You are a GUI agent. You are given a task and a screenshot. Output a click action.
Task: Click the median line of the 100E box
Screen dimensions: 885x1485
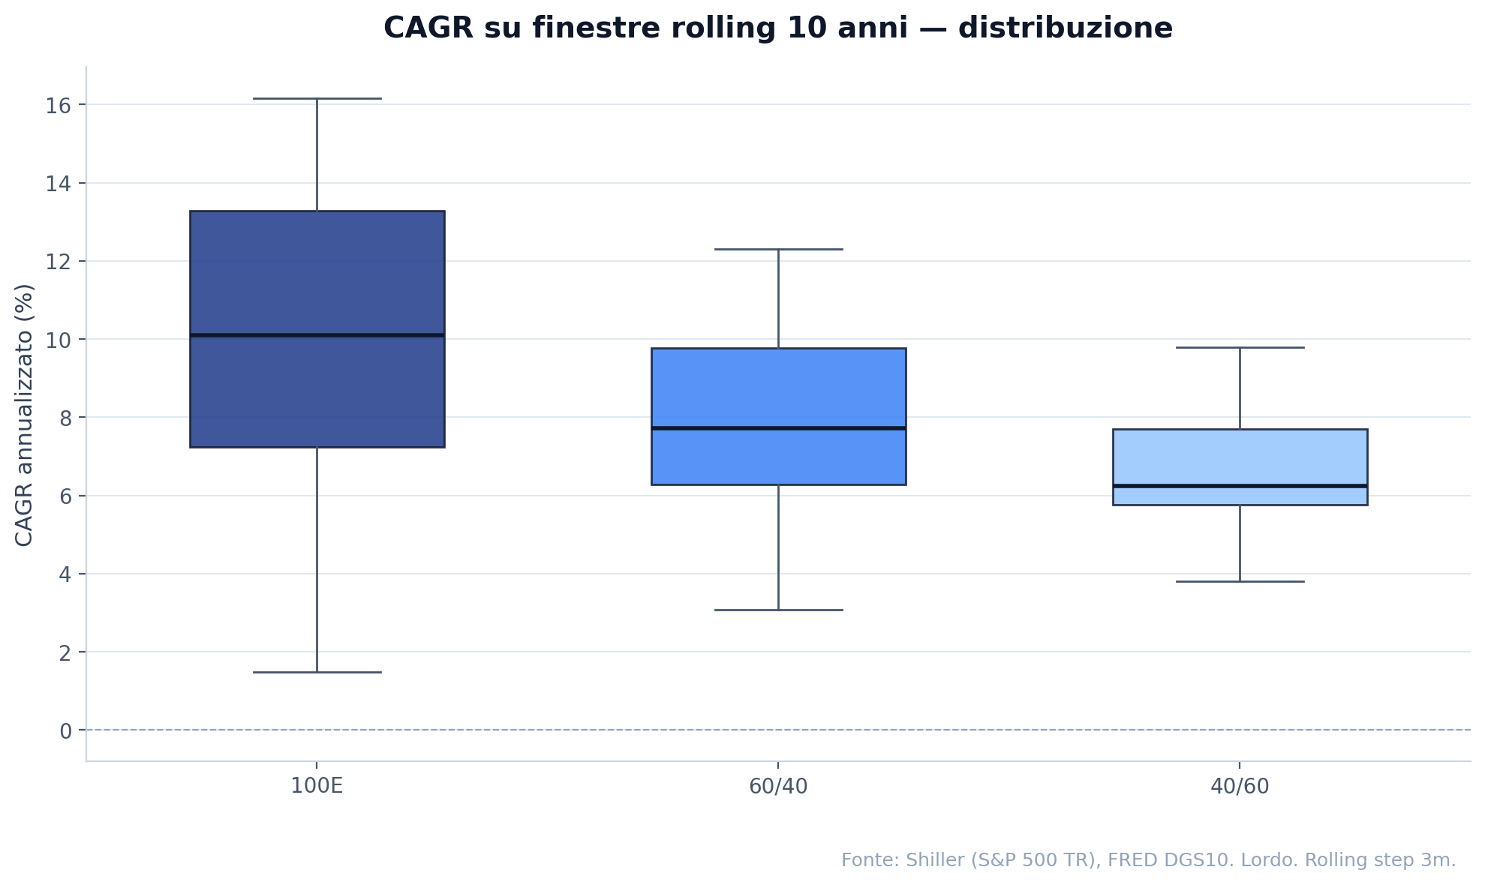click(x=317, y=335)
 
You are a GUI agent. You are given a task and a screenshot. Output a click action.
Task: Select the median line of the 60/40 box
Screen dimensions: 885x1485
click(x=778, y=428)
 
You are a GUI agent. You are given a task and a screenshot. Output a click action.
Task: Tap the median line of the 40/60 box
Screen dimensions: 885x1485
click(x=1240, y=486)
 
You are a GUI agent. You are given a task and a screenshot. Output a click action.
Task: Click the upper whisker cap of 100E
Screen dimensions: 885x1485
click(x=317, y=98)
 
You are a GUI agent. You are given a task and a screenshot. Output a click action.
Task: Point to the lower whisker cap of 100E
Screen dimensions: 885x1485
click(x=317, y=672)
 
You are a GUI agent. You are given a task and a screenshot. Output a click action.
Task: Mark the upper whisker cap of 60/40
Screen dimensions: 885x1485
click(x=778, y=249)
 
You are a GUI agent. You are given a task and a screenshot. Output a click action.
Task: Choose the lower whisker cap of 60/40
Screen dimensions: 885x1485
click(x=778, y=610)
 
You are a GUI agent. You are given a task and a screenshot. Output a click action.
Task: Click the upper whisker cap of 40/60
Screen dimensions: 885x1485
click(x=1240, y=347)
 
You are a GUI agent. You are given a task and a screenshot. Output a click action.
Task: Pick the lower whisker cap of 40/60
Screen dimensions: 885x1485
click(x=1240, y=581)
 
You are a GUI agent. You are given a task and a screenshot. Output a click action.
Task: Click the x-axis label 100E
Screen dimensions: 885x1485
click(x=317, y=787)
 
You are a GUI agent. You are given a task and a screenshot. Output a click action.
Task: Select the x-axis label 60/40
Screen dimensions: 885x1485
click(x=778, y=787)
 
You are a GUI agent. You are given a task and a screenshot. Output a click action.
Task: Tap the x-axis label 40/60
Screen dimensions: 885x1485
click(x=1240, y=787)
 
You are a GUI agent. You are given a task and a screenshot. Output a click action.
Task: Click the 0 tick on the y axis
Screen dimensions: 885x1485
click(x=66, y=730)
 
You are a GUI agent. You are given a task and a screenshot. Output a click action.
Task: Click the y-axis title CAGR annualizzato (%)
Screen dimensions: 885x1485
click(x=25, y=415)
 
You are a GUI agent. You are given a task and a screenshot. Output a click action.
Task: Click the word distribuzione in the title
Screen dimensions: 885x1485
click(x=1065, y=28)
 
